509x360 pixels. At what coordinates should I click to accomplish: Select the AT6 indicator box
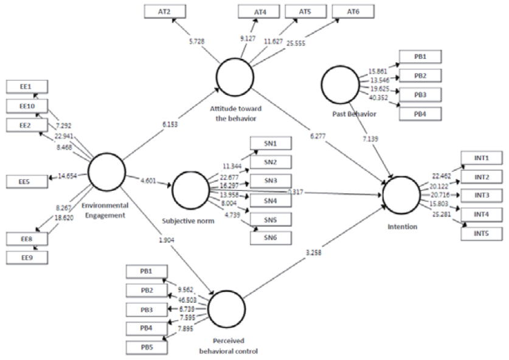[x=353, y=11]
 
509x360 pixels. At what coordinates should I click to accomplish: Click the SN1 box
[x=270, y=144]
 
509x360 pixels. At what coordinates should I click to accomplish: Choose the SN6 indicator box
[x=270, y=238]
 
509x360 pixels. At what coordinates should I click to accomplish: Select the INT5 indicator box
[x=482, y=233]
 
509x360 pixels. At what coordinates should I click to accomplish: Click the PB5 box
[x=147, y=348]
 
